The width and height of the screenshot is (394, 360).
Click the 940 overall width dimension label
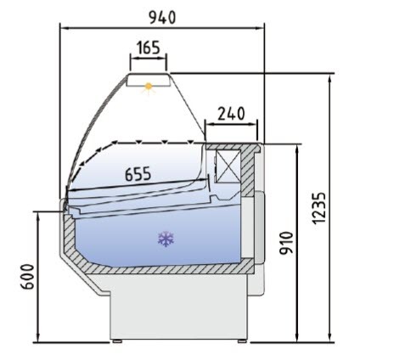pos(162,18)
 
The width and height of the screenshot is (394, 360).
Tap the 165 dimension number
pos(149,48)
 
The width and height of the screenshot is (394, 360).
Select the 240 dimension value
pos(231,114)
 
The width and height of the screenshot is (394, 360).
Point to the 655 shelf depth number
pos(138,174)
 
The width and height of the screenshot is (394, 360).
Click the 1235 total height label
pos(319,208)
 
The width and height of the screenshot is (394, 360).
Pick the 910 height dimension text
pos(286,243)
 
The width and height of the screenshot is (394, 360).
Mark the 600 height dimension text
pos(27,277)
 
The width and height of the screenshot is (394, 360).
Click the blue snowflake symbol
pos(166,239)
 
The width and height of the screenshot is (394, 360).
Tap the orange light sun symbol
pos(149,87)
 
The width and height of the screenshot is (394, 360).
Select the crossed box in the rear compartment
pos(228,166)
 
